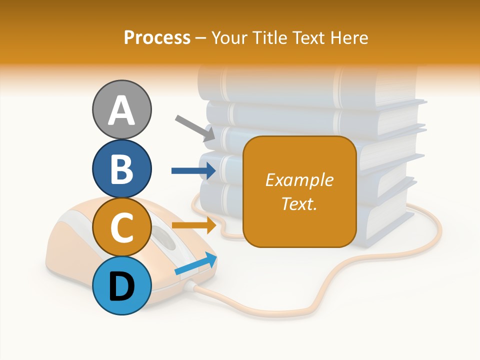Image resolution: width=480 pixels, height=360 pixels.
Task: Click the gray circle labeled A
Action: [122, 109]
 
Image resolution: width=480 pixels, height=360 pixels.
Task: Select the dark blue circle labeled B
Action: [122, 168]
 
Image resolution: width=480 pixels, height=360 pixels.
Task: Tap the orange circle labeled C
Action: [122, 227]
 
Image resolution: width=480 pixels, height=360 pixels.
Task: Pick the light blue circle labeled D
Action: [122, 286]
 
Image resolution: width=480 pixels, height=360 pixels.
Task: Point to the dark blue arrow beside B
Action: [193, 171]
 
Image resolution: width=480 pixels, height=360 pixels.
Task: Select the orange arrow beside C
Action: [194, 225]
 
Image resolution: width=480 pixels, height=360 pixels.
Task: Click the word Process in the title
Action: [157, 37]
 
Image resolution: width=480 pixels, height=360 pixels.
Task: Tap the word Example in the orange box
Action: [299, 180]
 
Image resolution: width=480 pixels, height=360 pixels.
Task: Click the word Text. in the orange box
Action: [299, 203]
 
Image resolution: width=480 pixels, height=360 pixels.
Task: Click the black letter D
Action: [122, 287]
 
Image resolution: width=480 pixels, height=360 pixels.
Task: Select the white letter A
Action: [122, 110]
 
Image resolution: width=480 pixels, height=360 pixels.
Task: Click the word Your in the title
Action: [229, 37]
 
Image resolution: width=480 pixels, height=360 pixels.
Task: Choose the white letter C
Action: [122, 228]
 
